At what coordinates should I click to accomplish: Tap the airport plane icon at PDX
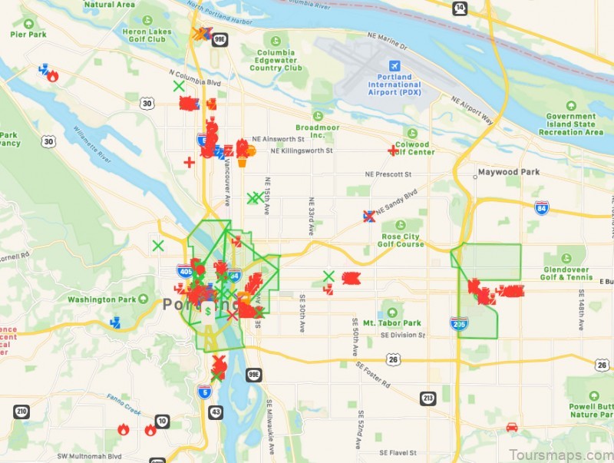pos(395,65)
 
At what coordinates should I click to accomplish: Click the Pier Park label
pos(28,34)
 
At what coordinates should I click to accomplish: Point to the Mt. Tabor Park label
pos(392,323)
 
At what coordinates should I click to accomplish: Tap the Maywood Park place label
pos(508,172)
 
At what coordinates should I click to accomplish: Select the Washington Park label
pos(101,299)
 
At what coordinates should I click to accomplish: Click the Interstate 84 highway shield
pos(542,207)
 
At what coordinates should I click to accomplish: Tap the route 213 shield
pos(428,398)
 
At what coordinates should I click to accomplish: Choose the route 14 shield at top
pos(459,8)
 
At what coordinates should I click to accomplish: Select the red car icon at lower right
pos(512,426)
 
